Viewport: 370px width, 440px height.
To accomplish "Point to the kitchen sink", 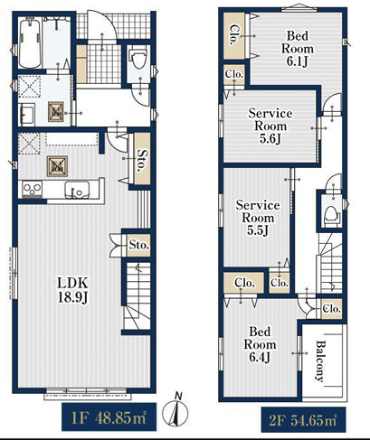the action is (x=77, y=190).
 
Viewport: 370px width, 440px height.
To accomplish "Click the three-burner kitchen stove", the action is (x=32, y=190).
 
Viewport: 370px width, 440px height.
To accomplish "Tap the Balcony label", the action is (x=320, y=360).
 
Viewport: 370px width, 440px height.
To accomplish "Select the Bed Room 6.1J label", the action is (x=298, y=49).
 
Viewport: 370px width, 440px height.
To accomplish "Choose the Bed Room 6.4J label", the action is (x=260, y=344).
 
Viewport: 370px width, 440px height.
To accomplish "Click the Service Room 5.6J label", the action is (x=270, y=126).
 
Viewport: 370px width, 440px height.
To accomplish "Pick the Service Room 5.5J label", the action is (x=258, y=218).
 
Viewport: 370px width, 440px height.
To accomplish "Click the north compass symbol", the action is (x=176, y=409).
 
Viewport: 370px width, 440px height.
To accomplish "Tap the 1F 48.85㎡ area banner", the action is (x=109, y=417).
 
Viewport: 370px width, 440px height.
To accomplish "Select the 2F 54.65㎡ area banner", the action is (x=304, y=420).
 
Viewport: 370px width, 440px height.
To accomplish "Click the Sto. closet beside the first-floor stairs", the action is (x=138, y=245).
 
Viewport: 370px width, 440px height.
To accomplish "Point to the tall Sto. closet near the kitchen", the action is (x=142, y=159).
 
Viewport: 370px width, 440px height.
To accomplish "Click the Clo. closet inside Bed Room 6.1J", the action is (x=234, y=35).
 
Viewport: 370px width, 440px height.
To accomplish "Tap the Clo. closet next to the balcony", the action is (x=331, y=309).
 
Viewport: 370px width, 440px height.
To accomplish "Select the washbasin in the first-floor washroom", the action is (x=26, y=115).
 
